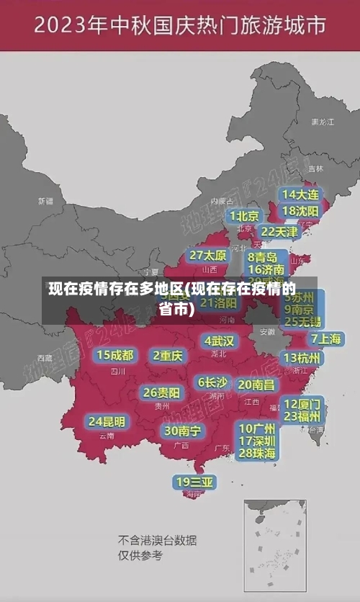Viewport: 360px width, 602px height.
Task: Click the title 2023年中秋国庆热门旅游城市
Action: [x=179, y=27]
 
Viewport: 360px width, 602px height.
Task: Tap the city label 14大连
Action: [x=300, y=194]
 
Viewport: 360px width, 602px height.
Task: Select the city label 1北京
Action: [x=245, y=215]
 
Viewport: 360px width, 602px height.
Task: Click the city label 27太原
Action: [x=208, y=255]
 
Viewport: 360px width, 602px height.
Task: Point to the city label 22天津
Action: [x=279, y=231]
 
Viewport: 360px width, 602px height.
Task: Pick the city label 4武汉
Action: [x=219, y=340]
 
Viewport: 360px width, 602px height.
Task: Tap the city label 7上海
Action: [x=325, y=338]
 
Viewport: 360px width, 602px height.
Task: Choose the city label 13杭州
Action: [x=302, y=358]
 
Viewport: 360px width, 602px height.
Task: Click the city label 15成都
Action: [x=115, y=354]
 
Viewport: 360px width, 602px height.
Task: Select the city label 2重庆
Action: [x=168, y=355]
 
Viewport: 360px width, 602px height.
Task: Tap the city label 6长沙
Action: [x=212, y=382]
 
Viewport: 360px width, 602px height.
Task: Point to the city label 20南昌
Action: [x=256, y=385]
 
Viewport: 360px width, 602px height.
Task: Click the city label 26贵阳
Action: [x=161, y=392]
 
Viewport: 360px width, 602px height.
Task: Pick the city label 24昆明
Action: [x=107, y=421]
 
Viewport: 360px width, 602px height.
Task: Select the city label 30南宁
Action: [x=181, y=430]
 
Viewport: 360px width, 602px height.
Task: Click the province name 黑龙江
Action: [x=323, y=122]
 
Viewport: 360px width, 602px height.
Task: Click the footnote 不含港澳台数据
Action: [x=157, y=540]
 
